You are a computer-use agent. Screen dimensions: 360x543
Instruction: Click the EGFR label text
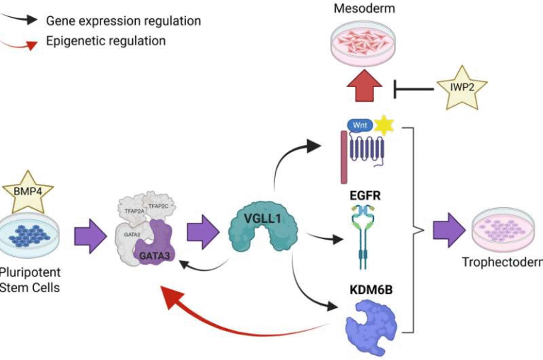pos(365,194)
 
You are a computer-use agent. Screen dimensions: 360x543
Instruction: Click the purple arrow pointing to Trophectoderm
pos(444,231)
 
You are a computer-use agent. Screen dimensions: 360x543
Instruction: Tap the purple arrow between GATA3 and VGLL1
pos(203,233)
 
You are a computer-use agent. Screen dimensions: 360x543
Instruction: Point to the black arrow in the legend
pos(21,21)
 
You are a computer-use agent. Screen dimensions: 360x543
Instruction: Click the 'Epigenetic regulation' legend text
pos(105,40)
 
